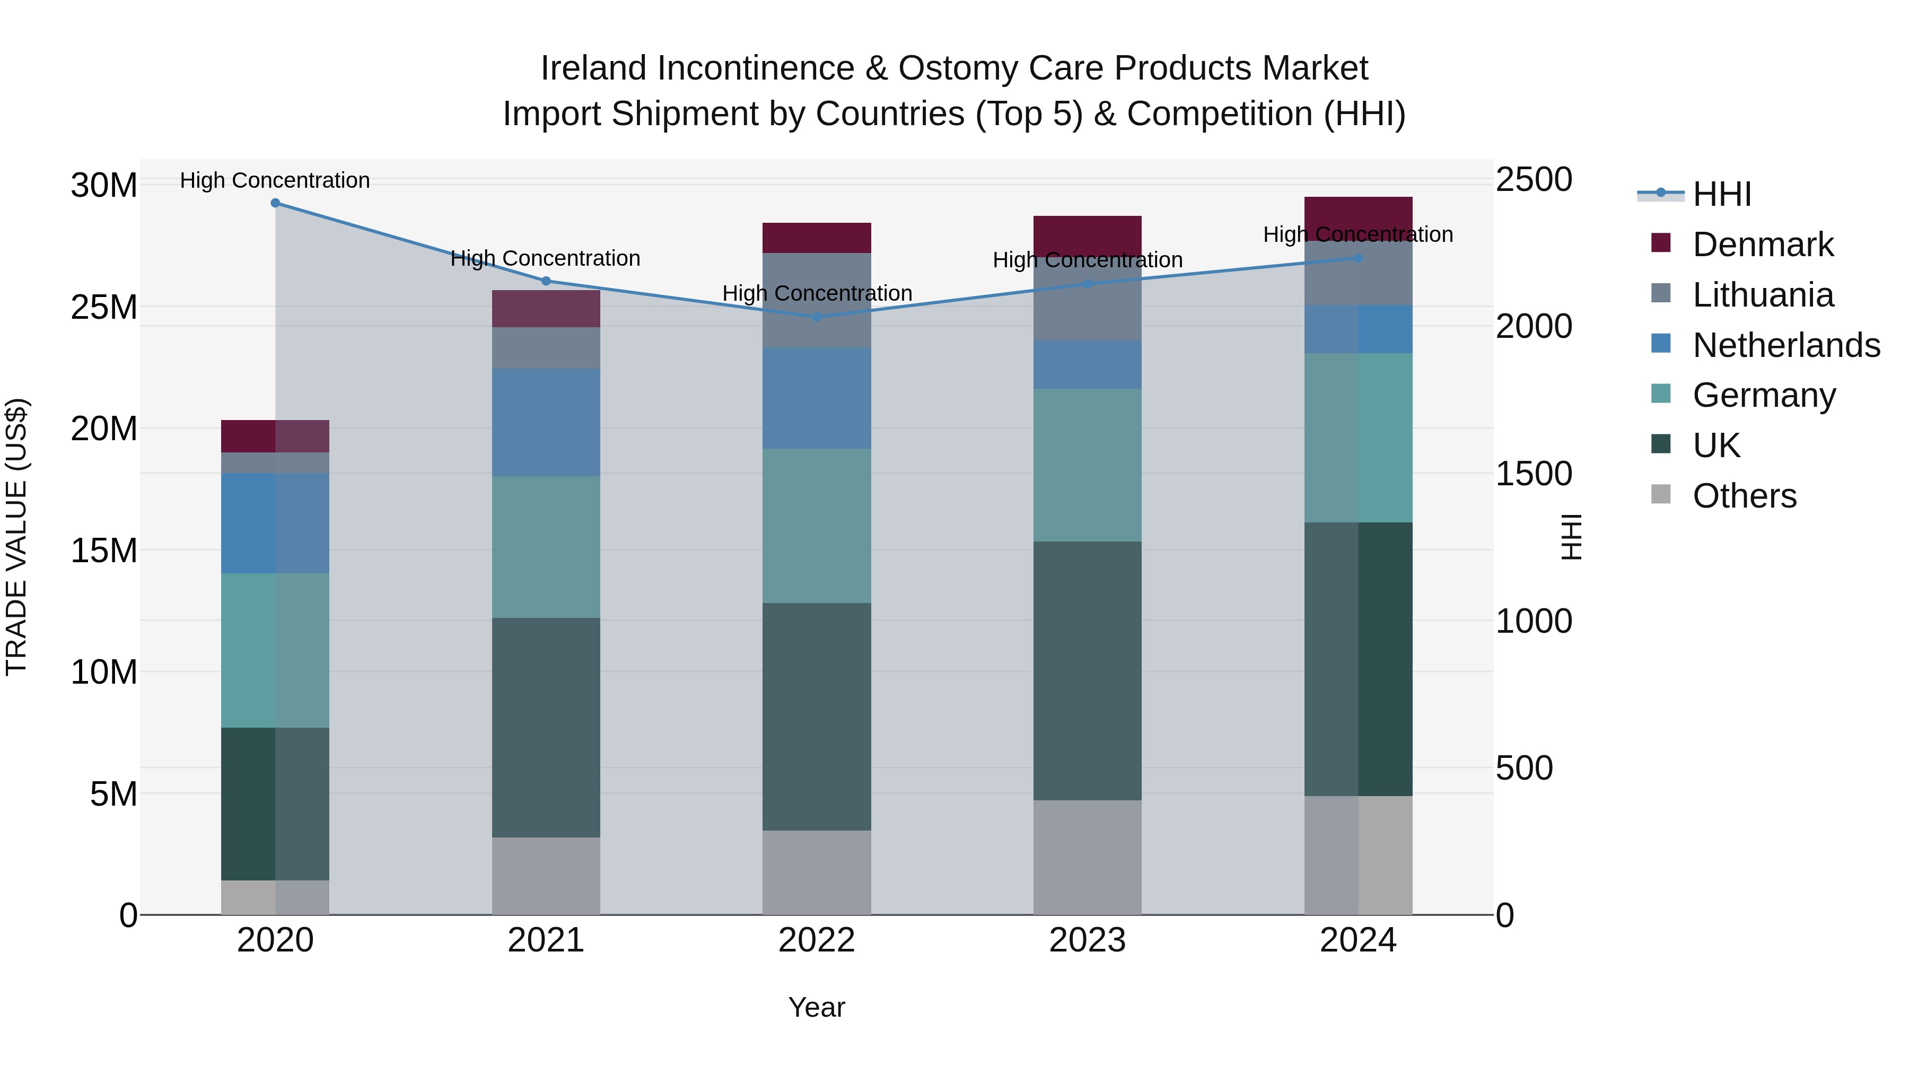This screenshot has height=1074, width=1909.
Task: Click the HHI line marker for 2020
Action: (x=275, y=203)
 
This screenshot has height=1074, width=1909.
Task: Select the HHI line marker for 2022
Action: (x=817, y=317)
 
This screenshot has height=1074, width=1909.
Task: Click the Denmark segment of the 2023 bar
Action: (x=1087, y=235)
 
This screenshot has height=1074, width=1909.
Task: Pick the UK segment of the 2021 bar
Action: (x=546, y=727)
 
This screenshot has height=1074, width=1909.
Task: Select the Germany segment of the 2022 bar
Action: (x=817, y=526)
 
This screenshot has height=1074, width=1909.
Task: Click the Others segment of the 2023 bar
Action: (x=1087, y=857)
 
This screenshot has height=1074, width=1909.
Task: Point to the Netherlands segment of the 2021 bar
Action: (x=546, y=423)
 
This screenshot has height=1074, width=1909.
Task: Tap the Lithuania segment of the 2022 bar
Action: (x=817, y=300)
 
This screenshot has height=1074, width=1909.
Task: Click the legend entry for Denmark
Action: (x=1762, y=245)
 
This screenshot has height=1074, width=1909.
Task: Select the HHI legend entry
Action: (x=1721, y=194)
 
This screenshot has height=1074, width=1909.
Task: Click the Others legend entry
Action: (x=1744, y=496)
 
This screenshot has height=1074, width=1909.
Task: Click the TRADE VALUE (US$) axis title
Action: (x=16, y=537)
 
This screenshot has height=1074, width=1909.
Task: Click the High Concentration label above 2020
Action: (x=274, y=181)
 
